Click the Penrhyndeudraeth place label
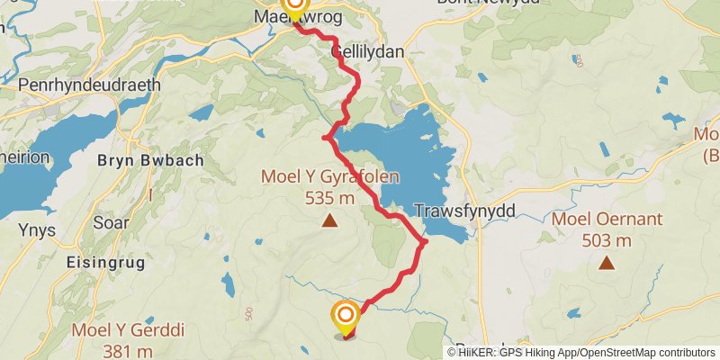point(88,85)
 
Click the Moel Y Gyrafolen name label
point(330,177)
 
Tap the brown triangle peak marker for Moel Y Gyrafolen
point(330,220)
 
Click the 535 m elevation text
point(330,198)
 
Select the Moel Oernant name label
point(607,219)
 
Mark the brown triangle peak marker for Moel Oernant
point(607,263)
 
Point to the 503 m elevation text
point(607,240)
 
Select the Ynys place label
point(37,230)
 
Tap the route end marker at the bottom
point(346,317)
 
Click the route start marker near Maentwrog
point(294,7)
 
